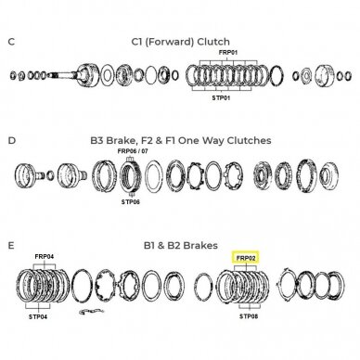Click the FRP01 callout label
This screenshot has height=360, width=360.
(228, 53)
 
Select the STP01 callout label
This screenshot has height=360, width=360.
(222, 98)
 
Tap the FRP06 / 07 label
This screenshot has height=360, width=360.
(133, 151)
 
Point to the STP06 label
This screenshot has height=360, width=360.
(131, 202)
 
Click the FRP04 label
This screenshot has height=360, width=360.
(45, 257)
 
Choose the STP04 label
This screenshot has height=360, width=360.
(38, 316)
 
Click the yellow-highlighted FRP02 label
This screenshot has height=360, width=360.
(247, 258)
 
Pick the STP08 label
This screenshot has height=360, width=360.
(249, 316)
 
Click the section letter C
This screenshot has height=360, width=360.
(11, 42)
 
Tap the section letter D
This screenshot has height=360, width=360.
(11, 141)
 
